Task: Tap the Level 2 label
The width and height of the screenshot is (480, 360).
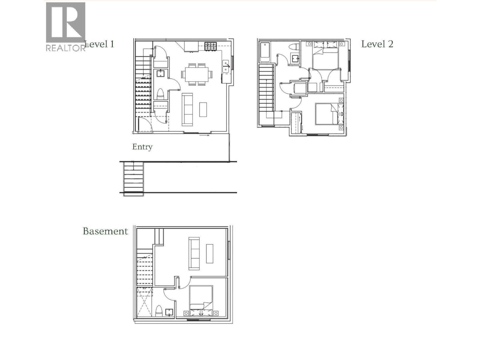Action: tap(377, 44)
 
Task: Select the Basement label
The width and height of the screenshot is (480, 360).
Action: tap(105, 231)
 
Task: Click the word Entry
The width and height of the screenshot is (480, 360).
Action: tap(142, 147)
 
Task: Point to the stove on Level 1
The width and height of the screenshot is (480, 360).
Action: tap(211, 46)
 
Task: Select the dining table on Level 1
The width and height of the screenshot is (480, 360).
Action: tap(197, 74)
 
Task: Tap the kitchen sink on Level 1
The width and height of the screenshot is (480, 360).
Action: tap(225, 66)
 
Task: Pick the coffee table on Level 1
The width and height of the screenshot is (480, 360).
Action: tap(203, 109)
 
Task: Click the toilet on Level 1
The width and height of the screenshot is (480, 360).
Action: tap(160, 94)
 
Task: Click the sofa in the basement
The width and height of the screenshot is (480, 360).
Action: tap(194, 253)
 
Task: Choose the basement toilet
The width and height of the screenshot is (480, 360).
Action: tap(159, 311)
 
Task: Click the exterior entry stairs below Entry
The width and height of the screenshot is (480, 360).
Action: tap(133, 178)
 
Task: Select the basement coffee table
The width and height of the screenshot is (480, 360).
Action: tap(210, 253)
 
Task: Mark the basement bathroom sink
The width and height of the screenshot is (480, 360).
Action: tap(169, 312)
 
